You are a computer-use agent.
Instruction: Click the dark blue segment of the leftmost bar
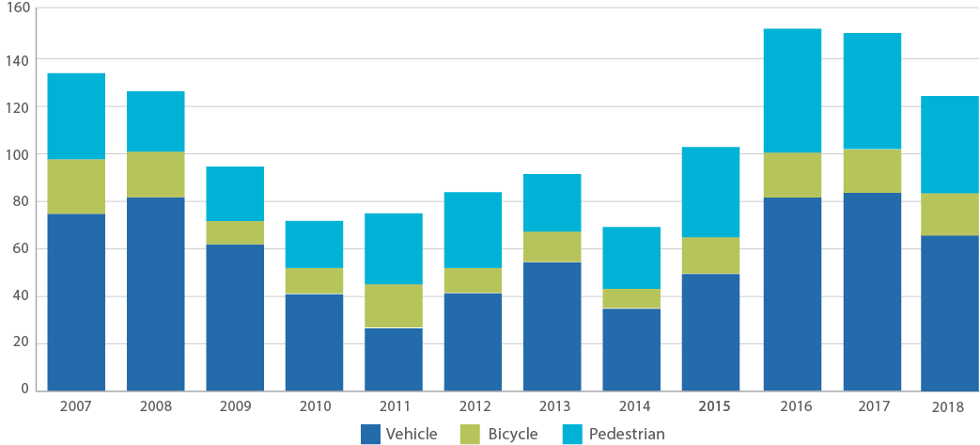[x=75, y=302]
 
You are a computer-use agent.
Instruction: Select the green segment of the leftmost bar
[x=75, y=186]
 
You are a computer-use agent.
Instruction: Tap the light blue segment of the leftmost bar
[x=75, y=116]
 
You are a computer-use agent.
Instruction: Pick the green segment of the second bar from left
[x=156, y=174]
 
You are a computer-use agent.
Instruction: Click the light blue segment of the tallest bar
[x=792, y=90]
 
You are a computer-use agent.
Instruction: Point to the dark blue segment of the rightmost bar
[x=949, y=312]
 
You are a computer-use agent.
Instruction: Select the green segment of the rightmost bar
[x=949, y=214]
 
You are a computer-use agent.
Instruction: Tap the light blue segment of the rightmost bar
[x=949, y=144]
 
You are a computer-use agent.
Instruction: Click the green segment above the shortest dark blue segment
[x=394, y=306]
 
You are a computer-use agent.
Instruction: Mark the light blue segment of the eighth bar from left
[x=631, y=258]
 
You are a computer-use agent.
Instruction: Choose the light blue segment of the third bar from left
[x=235, y=194]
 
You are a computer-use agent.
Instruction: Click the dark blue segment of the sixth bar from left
[x=473, y=342]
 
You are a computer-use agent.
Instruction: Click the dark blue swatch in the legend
[x=371, y=435]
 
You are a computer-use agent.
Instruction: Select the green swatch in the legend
[x=470, y=435]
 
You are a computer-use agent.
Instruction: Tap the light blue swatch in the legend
[x=571, y=435]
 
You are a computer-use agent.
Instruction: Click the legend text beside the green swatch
[x=513, y=435]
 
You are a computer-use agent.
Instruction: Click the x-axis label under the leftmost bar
[x=75, y=406]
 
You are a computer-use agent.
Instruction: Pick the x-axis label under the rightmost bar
[x=949, y=406]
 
